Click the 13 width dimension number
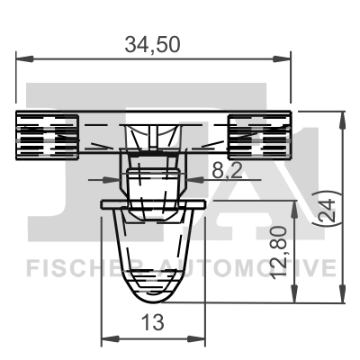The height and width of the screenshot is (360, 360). (x=153, y=322)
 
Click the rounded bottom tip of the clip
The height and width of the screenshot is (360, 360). (x=153, y=297)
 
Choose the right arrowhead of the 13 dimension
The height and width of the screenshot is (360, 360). (x=202, y=339)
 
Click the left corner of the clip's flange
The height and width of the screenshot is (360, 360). (x=101, y=208)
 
